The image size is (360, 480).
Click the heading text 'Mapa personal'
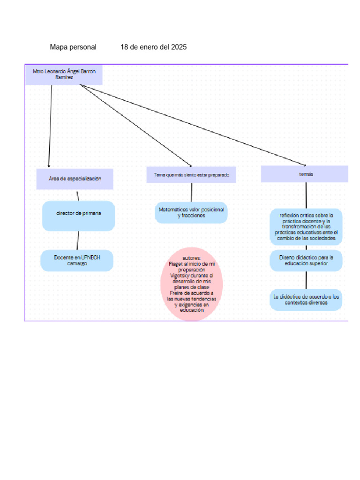(x=73, y=47)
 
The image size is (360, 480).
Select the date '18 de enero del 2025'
(x=153, y=47)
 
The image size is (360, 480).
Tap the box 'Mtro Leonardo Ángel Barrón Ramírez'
(x=64, y=75)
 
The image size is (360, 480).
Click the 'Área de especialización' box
(x=75, y=179)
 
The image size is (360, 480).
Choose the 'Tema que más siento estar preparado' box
(x=191, y=174)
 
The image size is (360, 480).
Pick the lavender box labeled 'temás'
(x=305, y=174)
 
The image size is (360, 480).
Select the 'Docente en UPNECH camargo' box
(x=77, y=261)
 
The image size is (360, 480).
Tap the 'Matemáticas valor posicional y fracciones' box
(x=191, y=212)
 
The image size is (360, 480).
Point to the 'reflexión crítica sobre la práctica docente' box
(x=306, y=227)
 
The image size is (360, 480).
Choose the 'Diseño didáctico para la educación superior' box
(x=306, y=260)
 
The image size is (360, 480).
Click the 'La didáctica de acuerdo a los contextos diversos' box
(x=306, y=300)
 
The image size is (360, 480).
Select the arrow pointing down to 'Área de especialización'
(x=50, y=127)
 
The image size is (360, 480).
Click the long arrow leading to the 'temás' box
(x=192, y=124)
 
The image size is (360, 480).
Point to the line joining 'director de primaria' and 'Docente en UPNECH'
(x=78, y=240)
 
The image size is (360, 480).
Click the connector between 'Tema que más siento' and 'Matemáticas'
(x=191, y=192)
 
